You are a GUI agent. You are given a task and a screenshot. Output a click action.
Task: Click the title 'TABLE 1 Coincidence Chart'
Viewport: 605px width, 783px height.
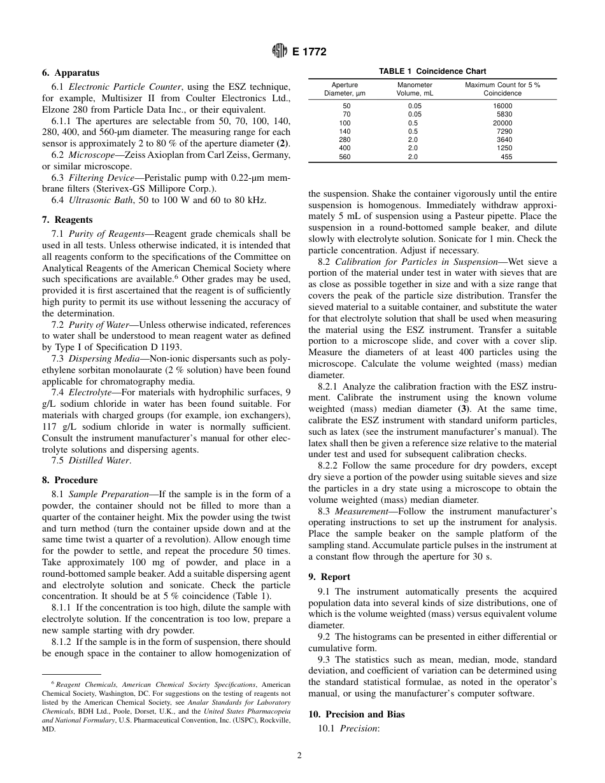coord(432,71)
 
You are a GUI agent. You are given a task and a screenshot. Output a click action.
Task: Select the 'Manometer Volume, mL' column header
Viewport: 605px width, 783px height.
coord(415,88)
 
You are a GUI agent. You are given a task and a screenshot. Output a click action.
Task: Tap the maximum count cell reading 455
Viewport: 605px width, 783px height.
coord(506,157)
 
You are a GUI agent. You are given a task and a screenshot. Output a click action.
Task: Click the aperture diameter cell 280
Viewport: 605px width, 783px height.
coord(345,139)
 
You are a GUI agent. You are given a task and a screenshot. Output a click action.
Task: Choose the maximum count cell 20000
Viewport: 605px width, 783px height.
coord(502,123)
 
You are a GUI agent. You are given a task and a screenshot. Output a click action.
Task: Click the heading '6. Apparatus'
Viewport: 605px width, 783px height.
coord(71,73)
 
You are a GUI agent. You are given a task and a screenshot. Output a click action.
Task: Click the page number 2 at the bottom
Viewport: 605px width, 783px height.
coord(299,756)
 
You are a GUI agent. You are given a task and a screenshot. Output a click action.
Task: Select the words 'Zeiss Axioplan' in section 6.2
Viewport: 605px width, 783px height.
coord(138,155)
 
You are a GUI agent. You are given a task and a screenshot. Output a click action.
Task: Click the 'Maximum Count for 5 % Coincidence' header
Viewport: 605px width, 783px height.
coord(502,88)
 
